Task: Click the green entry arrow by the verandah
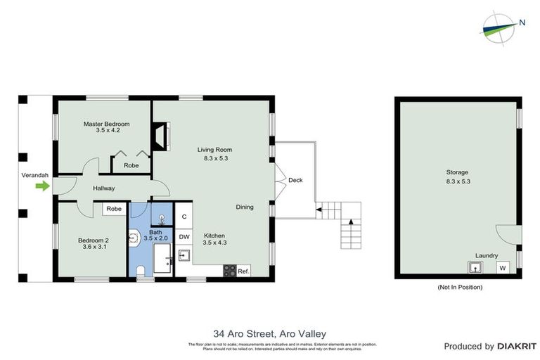[43, 186]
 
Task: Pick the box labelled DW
[184, 237]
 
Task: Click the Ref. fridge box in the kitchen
[243, 271]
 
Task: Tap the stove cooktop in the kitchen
[229, 271]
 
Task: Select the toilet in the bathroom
[140, 271]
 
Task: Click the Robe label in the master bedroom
[131, 166]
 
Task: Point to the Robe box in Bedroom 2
[114, 209]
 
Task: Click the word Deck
[295, 181]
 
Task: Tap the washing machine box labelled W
[502, 268]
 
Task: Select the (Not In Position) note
[460, 287]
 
